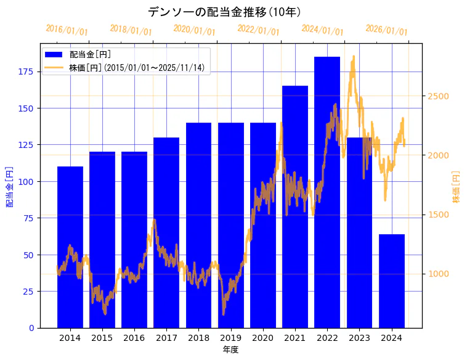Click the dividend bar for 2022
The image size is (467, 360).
(327, 192)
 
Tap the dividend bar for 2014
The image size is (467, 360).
(70, 247)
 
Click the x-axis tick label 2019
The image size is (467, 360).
(230, 338)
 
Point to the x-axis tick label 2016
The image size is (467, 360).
(134, 338)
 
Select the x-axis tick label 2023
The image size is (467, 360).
(359, 338)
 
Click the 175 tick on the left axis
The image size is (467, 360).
(26, 72)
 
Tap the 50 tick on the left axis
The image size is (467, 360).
(28, 255)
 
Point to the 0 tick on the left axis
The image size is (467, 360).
(31, 328)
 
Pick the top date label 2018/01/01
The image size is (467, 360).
(131, 30)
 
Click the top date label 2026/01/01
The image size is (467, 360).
(386, 30)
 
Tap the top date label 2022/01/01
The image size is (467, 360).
(259, 30)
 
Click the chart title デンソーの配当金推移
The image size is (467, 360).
(224, 12)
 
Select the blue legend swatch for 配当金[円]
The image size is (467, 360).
(54, 55)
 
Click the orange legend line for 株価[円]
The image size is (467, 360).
(54, 68)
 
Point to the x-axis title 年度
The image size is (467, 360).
(230, 350)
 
